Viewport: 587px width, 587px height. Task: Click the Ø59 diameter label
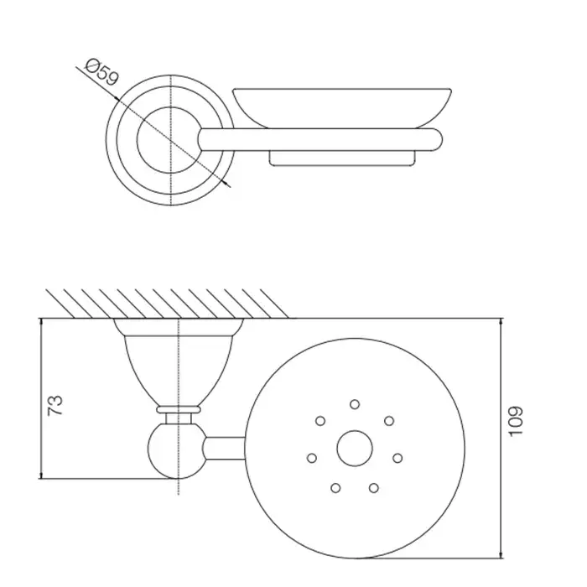pyautogui.click(x=101, y=72)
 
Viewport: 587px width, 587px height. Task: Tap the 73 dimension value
pyautogui.click(x=55, y=405)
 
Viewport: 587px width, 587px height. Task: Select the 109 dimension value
pyautogui.click(x=516, y=421)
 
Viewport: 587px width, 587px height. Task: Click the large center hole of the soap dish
pyautogui.click(x=355, y=448)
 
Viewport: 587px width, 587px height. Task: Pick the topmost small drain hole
pyautogui.click(x=355, y=404)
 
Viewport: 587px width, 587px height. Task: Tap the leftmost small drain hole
pyautogui.click(x=312, y=458)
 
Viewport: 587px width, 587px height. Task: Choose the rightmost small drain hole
pyautogui.click(x=397, y=458)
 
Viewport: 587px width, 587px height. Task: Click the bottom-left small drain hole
pyautogui.click(x=335, y=488)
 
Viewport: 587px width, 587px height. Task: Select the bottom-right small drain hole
pyautogui.click(x=374, y=488)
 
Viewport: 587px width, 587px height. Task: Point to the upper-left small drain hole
pyautogui.click(x=320, y=421)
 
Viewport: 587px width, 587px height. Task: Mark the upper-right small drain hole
pyautogui.click(x=389, y=421)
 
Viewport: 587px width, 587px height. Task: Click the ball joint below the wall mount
pyautogui.click(x=177, y=451)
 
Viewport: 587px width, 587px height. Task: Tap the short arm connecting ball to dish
pyautogui.click(x=225, y=448)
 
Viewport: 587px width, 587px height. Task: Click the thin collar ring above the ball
pyautogui.click(x=179, y=409)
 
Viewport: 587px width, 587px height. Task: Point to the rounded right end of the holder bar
pyautogui.click(x=437, y=140)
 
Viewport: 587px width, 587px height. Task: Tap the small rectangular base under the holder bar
pyautogui.click(x=342, y=158)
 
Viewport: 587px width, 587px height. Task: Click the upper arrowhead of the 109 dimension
pyautogui.click(x=501, y=322)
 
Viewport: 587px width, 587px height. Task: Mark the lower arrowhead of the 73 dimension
pyautogui.click(x=41, y=475)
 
